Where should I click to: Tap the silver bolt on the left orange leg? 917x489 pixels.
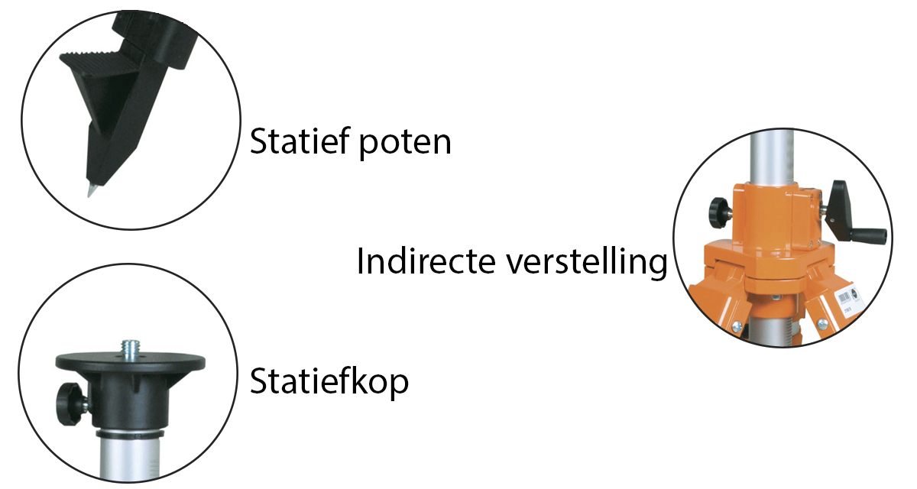pyautogui.click(x=734, y=326)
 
